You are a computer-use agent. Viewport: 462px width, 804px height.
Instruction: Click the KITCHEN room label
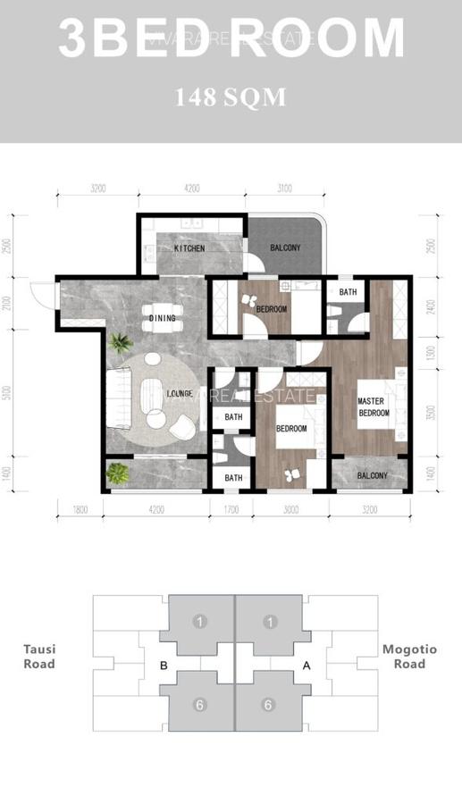coord(189,248)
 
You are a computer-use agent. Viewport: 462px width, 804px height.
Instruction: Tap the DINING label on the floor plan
coord(163,318)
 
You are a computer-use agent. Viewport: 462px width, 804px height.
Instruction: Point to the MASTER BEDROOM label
coord(374,407)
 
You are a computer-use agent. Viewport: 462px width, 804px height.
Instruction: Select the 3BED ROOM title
coord(231,38)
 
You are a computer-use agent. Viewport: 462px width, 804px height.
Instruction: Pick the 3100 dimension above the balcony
coord(284,188)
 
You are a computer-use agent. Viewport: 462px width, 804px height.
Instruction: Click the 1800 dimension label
coord(79,511)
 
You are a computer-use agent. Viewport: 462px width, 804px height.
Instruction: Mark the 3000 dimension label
coord(291,511)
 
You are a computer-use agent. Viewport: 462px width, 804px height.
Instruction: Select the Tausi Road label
coord(38,657)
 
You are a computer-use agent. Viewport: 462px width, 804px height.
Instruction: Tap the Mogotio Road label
coord(409,657)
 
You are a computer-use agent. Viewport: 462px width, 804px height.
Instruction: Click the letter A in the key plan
coord(307,665)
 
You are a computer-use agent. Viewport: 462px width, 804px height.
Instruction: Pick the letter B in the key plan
coord(164,665)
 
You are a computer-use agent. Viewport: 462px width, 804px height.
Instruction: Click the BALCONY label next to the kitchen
coord(284,248)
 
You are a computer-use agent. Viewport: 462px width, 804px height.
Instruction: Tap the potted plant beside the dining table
coord(119,342)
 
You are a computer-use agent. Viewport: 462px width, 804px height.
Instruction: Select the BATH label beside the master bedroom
coord(348,292)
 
